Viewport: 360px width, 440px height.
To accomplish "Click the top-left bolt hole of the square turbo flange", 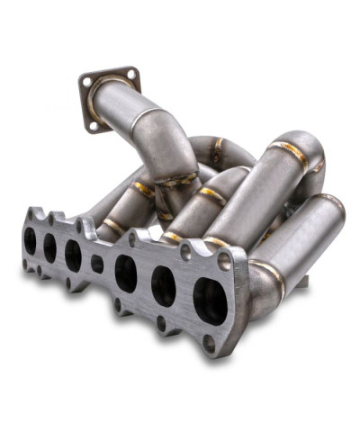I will pos(87,82).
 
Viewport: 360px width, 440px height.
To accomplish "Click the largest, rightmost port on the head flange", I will pos(210,301).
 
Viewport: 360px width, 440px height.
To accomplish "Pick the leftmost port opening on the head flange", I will pos(31,240).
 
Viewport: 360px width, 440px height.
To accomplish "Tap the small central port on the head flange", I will pos(97,264).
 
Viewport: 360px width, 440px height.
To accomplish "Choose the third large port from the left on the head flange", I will pos(73,256).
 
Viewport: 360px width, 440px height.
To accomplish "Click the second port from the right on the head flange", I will pos(164,285).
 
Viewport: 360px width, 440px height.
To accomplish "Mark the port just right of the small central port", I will pos(126,273).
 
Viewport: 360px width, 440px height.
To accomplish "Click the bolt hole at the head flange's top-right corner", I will pos(225,261).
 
